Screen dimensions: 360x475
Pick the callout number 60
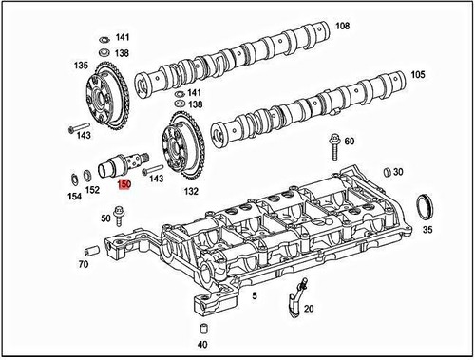tap(350, 142)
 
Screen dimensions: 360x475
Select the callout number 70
tap(83, 263)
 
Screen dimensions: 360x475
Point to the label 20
tap(309, 309)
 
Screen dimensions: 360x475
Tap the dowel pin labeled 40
tap(201, 327)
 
